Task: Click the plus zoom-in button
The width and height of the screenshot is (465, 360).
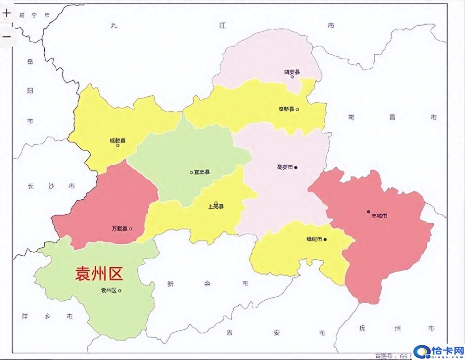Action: click(7, 13)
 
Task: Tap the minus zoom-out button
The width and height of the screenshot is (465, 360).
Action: click(7, 36)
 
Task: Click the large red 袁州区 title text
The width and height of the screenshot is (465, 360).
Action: click(99, 273)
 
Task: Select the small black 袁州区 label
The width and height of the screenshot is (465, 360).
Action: click(109, 291)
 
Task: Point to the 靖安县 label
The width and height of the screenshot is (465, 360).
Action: click(292, 72)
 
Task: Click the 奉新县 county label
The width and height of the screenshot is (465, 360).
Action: click(286, 109)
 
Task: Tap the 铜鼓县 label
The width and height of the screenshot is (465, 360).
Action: click(117, 140)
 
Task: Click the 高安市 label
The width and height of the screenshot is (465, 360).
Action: click(285, 167)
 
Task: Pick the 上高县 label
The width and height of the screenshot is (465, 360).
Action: click(215, 207)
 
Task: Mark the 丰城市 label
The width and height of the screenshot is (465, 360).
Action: click(379, 216)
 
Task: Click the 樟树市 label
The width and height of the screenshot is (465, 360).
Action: click(314, 240)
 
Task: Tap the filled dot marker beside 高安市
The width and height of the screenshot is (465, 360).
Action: click(296, 167)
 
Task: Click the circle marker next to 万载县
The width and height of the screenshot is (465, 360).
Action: click(131, 229)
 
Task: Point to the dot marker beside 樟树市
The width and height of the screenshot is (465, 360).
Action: click(325, 239)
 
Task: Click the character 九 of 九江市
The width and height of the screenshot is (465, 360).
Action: click(114, 25)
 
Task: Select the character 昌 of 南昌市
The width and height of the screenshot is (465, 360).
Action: click(392, 117)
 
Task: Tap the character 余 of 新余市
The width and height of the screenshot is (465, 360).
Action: click(207, 284)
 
